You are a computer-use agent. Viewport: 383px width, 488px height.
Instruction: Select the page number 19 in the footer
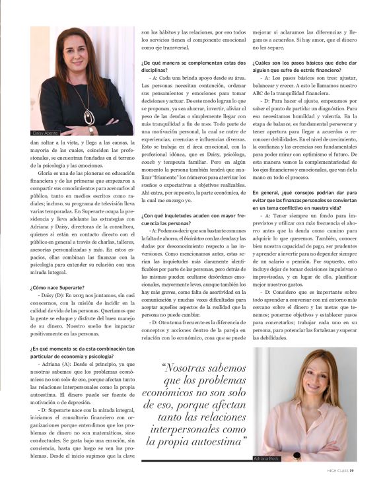coord(353,471)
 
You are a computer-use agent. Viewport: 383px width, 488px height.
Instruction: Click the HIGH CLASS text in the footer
coord(337,471)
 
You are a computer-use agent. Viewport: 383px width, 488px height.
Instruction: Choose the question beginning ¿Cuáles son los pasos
coord(304,66)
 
